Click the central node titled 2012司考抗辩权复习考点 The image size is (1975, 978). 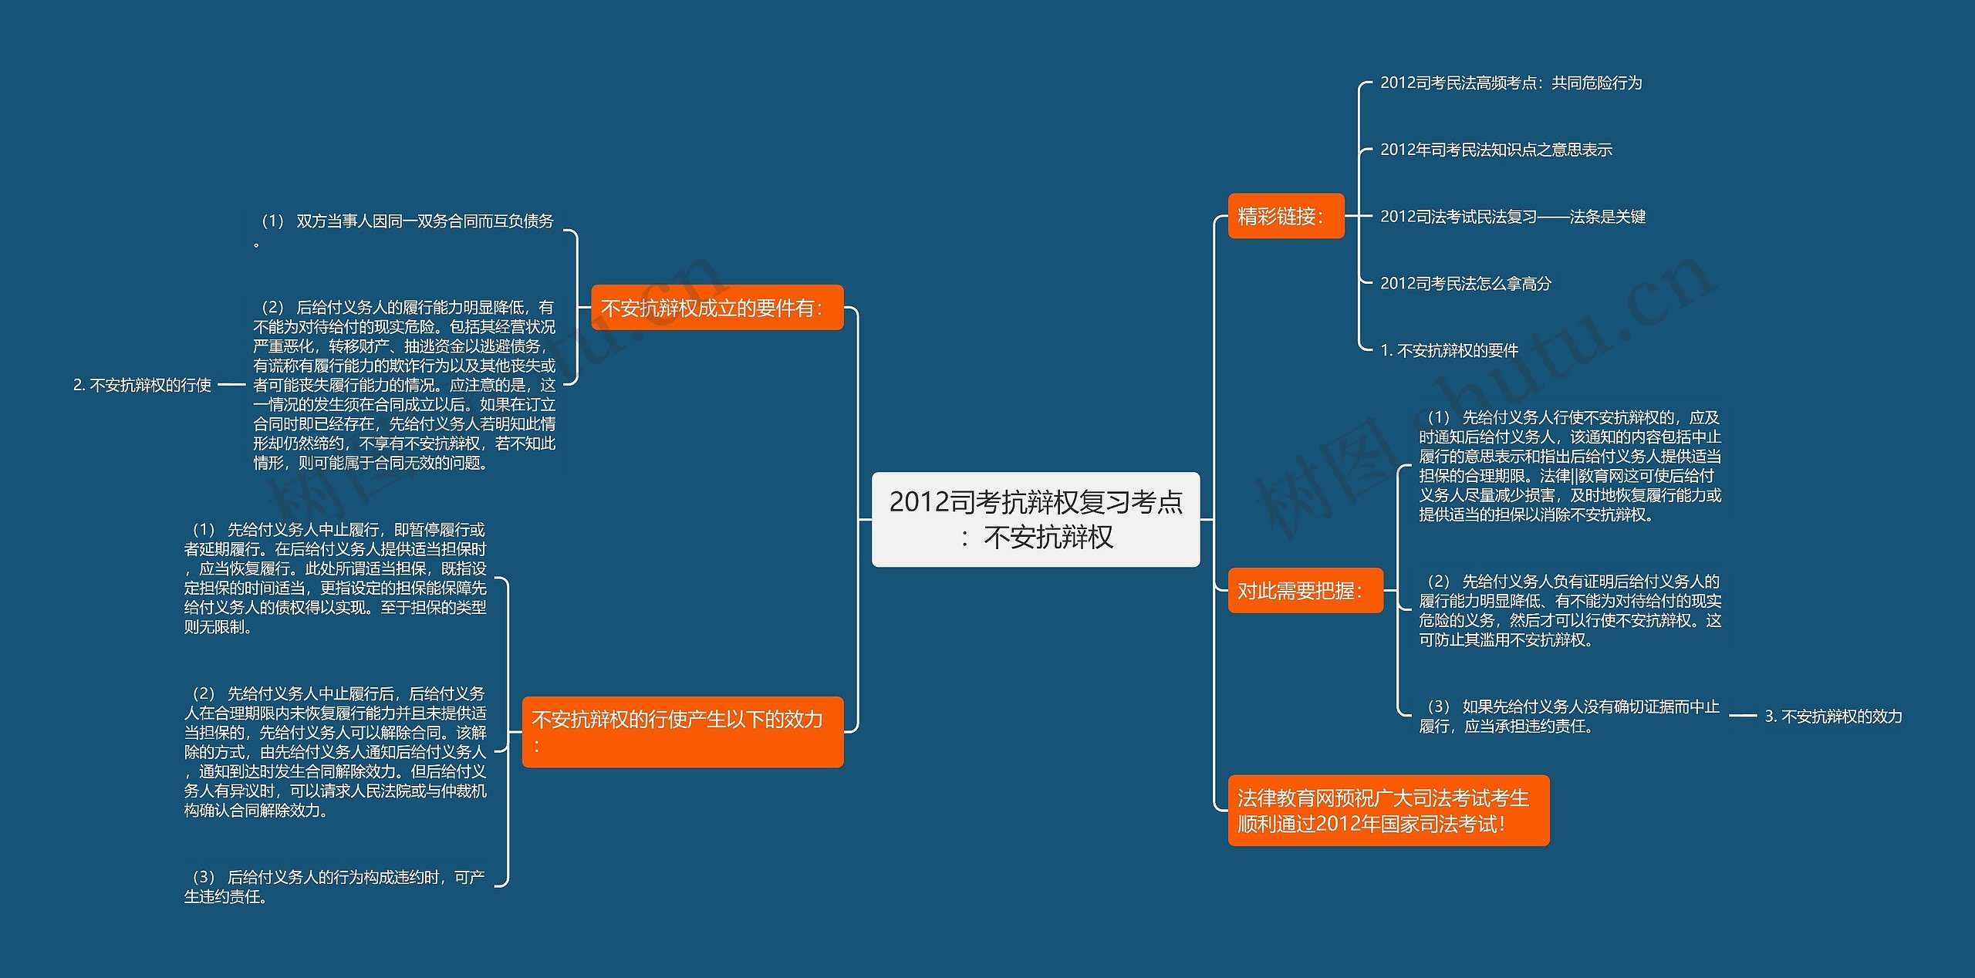tap(1035, 519)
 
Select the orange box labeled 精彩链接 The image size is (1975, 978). tap(1285, 216)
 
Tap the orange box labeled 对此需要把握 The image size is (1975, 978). tap(1305, 591)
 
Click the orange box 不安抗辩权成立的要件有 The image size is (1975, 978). tap(717, 308)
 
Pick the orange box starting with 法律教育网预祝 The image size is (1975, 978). tap(1388, 811)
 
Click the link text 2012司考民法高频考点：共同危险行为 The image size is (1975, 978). tap(1510, 83)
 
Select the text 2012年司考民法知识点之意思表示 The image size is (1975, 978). tap(1495, 150)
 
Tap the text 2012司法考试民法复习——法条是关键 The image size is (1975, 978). tap(1512, 217)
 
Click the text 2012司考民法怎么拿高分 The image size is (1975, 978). tap(1465, 284)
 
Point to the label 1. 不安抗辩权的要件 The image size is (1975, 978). tap(1449, 351)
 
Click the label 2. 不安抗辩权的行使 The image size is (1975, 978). tap(142, 385)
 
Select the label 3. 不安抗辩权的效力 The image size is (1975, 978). tap(1833, 717)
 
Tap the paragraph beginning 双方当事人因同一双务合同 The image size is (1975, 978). tap(406, 230)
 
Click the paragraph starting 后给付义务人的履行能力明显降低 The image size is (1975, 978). tap(404, 385)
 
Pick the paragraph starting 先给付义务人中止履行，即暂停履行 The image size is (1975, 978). tap(336, 578)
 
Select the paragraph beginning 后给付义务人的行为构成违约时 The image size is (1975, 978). tap(336, 886)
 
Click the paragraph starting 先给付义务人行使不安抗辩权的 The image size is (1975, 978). tap(1569, 466)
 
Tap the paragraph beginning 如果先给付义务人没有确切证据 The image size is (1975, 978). tap(1569, 717)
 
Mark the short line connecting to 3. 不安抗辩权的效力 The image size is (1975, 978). tap(1742, 717)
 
